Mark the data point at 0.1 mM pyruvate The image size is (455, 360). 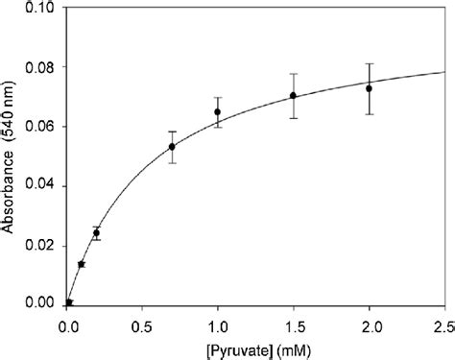pyautogui.click(x=82, y=264)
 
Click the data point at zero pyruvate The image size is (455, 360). pyautogui.click(x=69, y=302)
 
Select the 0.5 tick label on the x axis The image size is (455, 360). pyautogui.click(x=142, y=324)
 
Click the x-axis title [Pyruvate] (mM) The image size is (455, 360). pyautogui.click(x=255, y=347)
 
